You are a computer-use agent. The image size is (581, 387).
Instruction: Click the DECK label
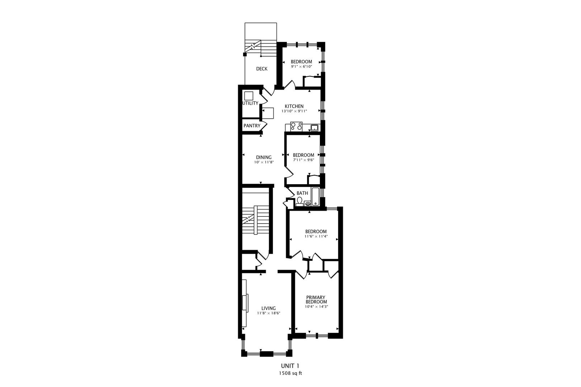pyautogui.click(x=262, y=69)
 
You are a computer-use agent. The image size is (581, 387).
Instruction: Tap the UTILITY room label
pyautogui.click(x=250, y=103)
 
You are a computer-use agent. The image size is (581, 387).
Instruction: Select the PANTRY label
pyautogui.click(x=252, y=126)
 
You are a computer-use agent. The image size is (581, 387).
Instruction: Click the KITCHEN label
pyautogui.click(x=294, y=106)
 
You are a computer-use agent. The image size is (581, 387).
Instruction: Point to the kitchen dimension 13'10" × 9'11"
pyautogui.click(x=294, y=111)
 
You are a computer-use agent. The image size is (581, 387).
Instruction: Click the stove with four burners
pyautogui.click(x=297, y=126)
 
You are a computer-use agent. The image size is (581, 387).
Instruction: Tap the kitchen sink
pyautogui.click(x=315, y=128)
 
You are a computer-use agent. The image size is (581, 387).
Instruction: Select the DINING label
pyautogui.click(x=264, y=157)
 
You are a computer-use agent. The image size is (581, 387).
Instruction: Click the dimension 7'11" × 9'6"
pyautogui.click(x=303, y=160)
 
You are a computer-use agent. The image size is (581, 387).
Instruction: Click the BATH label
pyautogui.click(x=302, y=193)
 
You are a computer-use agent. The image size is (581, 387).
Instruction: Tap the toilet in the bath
pyautogui.click(x=299, y=202)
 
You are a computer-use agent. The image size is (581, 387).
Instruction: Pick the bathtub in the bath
pyautogui.click(x=315, y=196)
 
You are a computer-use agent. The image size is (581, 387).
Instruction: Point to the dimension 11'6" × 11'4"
pyautogui.click(x=316, y=236)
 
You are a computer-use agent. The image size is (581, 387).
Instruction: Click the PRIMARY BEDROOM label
pyautogui.click(x=316, y=300)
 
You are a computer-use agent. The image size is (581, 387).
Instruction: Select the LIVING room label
pyautogui.click(x=269, y=308)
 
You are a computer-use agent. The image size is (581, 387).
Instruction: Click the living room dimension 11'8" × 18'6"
pyautogui.click(x=269, y=313)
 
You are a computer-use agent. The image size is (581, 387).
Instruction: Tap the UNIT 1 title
pyautogui.click(x=290, y=366)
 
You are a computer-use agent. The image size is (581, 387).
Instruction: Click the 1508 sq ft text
pyautogui.click(x=290, y=373)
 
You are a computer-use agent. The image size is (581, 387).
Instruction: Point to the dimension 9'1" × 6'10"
pyautogui.click(x=301, y=67)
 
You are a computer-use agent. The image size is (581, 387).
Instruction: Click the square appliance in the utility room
pyautogui.click(x=249, y=96)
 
